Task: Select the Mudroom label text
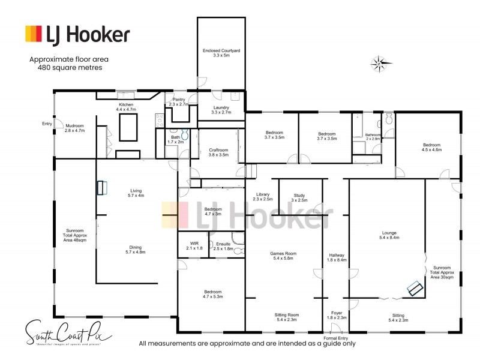[x=74, y=127]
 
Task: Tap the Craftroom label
[x=218, y=152]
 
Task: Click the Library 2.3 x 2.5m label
[x=261, y=197]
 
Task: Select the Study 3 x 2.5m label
[x=299, y=197]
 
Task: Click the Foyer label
[x=336, y=315]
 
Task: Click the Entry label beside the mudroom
[x=47, y=124]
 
